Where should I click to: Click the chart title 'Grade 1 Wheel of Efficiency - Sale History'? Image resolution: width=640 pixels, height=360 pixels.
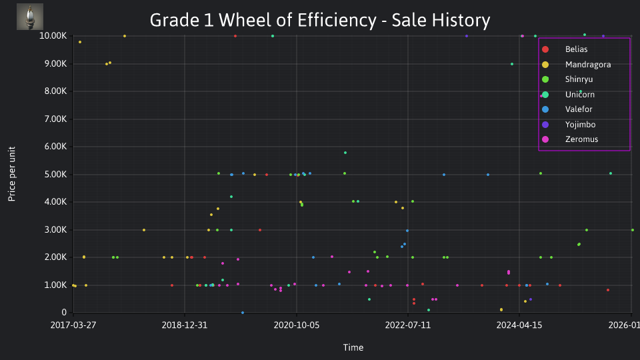click(x=319, y=20)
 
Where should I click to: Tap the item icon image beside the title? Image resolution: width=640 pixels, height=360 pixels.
click(x=30, y=17)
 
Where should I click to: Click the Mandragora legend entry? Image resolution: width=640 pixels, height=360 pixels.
click(x=576, y=65)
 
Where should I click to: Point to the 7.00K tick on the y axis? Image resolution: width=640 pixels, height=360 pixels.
click(x=55, y=119)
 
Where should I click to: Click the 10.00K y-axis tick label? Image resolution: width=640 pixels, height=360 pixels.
click(x=53, y=36)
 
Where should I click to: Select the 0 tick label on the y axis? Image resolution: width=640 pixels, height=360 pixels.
click(x=64, y=313)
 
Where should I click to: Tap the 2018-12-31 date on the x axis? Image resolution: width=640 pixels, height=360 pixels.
click(x=185, y=325)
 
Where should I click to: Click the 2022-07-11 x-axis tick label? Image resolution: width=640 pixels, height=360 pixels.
click(x=408, y=325)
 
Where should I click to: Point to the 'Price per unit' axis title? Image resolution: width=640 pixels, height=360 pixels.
click(x=11, y=174)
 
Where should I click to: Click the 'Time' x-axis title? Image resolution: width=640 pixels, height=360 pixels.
click(x=353, y=347)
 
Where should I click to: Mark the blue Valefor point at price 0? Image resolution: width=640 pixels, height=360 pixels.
click(x=243, y=313)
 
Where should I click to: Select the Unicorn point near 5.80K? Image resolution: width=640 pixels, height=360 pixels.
click(x=345, y=153)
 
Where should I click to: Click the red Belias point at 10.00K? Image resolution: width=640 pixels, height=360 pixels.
click(x=235, y=36)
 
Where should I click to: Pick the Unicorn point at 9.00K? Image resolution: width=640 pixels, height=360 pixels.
click(x=512, y=64)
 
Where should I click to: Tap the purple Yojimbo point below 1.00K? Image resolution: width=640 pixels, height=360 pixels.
click(x=531, y=299)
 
